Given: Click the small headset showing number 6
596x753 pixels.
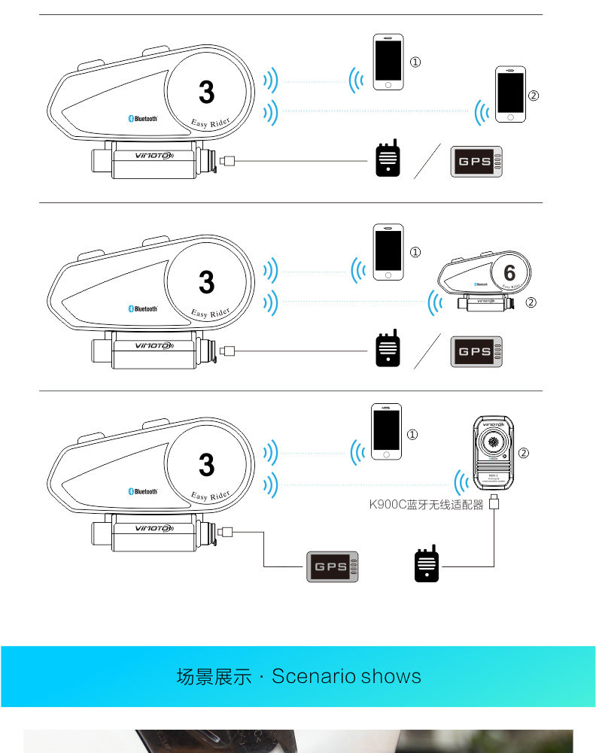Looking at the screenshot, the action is click(x=486, y=280).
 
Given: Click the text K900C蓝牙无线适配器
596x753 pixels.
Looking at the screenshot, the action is click(x=427, y=505).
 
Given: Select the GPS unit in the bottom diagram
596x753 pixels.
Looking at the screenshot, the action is click(x=333, y=566).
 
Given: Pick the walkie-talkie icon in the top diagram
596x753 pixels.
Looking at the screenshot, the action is click(x=387, y=159).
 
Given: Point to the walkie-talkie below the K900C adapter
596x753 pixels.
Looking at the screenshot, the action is click(x=426, y=563).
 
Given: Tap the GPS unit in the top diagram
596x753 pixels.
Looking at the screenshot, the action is click(x=476, y=161).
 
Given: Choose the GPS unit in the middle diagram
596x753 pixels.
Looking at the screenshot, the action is click(x=476, y=351).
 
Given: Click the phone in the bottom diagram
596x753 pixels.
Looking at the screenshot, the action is click(x=387, y=432).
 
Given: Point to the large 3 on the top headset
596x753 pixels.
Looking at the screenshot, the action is click(x=206, y=93).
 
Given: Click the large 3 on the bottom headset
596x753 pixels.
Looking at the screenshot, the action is click(x=206, y=465).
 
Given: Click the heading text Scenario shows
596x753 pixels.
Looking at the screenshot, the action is click(x=346, y=676).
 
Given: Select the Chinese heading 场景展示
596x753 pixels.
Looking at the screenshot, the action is click(x=214, y=676).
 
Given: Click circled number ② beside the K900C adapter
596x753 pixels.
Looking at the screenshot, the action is click(x=524, y=453).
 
